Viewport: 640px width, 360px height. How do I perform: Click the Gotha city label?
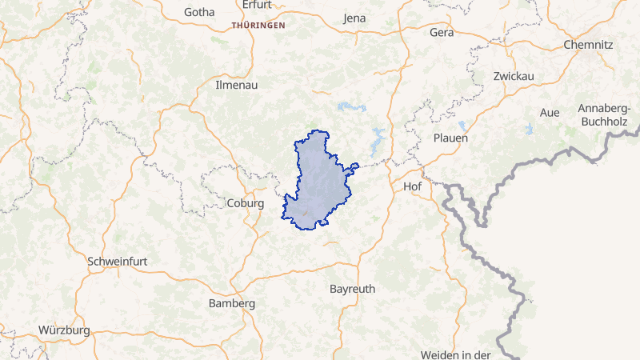tap(199, 12)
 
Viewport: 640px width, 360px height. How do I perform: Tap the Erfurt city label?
tap(256, 5)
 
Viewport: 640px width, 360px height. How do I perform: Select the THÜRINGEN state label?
tap(258, 26)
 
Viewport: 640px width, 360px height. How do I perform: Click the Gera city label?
tap(442, 33)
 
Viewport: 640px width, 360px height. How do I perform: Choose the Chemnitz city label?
tap(588, 45)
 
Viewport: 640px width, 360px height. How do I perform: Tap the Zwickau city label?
tap(514, 76)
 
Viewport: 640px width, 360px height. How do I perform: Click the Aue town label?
tap(550, 113)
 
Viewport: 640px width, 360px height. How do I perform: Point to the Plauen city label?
tap(450, 138)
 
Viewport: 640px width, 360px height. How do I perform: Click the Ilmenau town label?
tap(235, 84)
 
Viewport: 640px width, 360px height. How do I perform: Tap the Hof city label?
tap(413, 186)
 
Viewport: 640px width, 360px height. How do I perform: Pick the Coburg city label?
tap(246, 203)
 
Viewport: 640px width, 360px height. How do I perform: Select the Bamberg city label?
tap(231, 304)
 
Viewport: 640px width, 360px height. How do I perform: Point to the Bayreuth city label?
tap(352, 288)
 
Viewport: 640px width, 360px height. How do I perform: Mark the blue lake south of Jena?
tap(352, 106)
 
